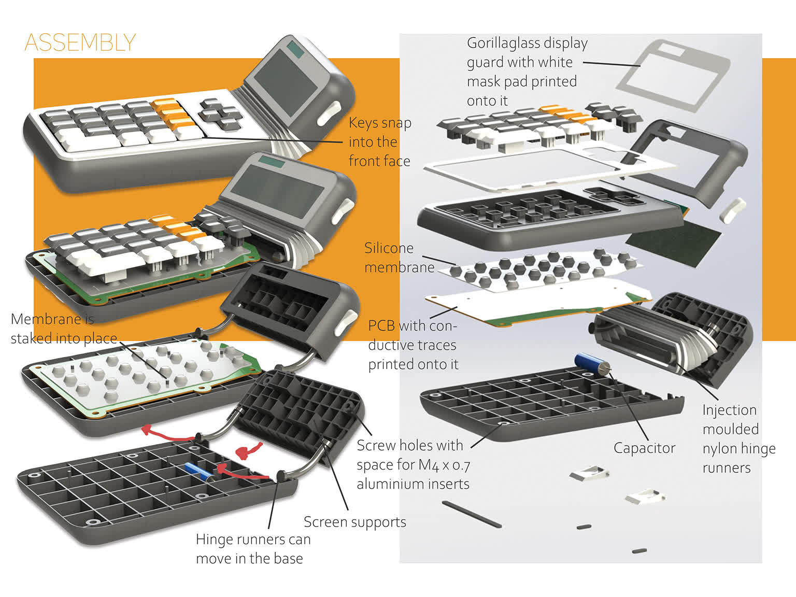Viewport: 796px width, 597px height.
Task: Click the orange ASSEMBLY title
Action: coord(80,42)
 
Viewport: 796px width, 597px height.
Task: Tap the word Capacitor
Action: coord(644,448)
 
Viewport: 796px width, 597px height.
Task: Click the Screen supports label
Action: coord(354,522)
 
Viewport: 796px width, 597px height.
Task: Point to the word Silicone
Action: coord(389,248)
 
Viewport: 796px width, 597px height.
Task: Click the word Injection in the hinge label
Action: coord(729,410)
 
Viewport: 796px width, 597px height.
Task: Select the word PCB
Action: coord(381,326)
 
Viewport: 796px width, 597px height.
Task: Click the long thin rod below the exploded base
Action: coord(472,514)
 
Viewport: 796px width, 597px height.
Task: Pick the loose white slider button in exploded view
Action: coord(733,210)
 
